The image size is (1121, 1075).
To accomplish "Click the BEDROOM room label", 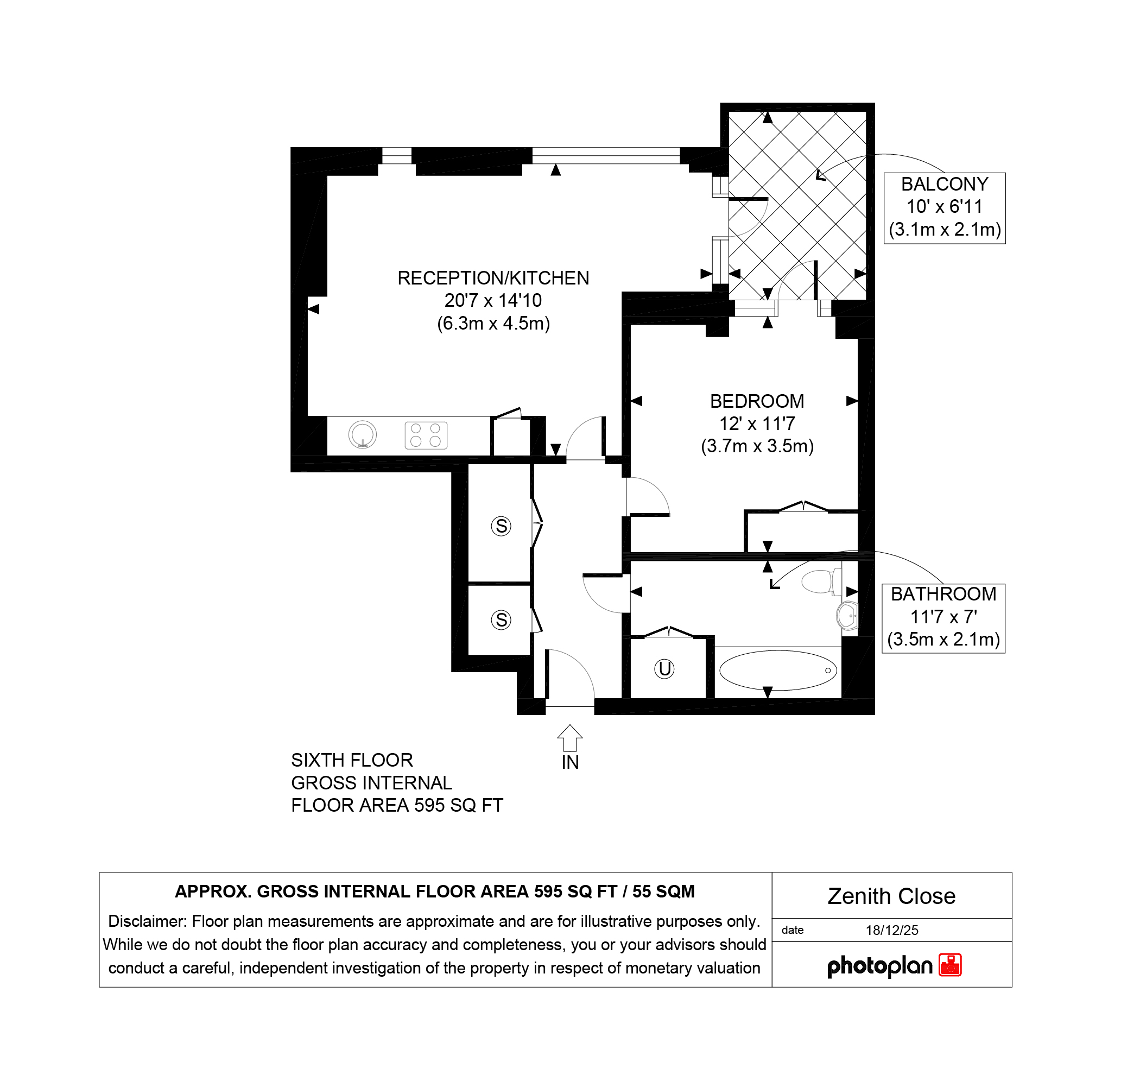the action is click(757, 401).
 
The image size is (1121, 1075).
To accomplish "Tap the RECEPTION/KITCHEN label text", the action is click(493, 278).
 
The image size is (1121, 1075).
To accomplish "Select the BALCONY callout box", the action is click(944, 208).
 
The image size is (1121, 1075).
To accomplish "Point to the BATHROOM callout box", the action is click(943, 618).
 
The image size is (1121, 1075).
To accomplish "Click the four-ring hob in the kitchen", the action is click(426, 435).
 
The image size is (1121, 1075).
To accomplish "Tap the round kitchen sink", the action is click(363, 434).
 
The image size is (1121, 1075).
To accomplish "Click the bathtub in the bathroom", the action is click(778, 670).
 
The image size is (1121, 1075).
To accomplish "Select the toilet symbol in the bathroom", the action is click(822, 581).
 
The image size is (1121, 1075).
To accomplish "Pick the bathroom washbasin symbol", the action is click(847, 616).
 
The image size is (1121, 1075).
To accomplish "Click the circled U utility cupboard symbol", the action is click(664, 668).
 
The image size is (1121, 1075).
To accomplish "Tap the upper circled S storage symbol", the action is click(501, 526).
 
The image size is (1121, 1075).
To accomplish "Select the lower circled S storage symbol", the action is click(501, 619).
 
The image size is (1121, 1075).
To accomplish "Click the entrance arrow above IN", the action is click(569, 737).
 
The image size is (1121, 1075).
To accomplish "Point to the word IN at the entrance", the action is click(569, 763).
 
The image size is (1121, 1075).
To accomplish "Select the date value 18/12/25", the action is click(892, 930).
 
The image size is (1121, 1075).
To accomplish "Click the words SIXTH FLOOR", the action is click(352, 760).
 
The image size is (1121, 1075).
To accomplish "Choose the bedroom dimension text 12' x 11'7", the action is click(757, 424).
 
